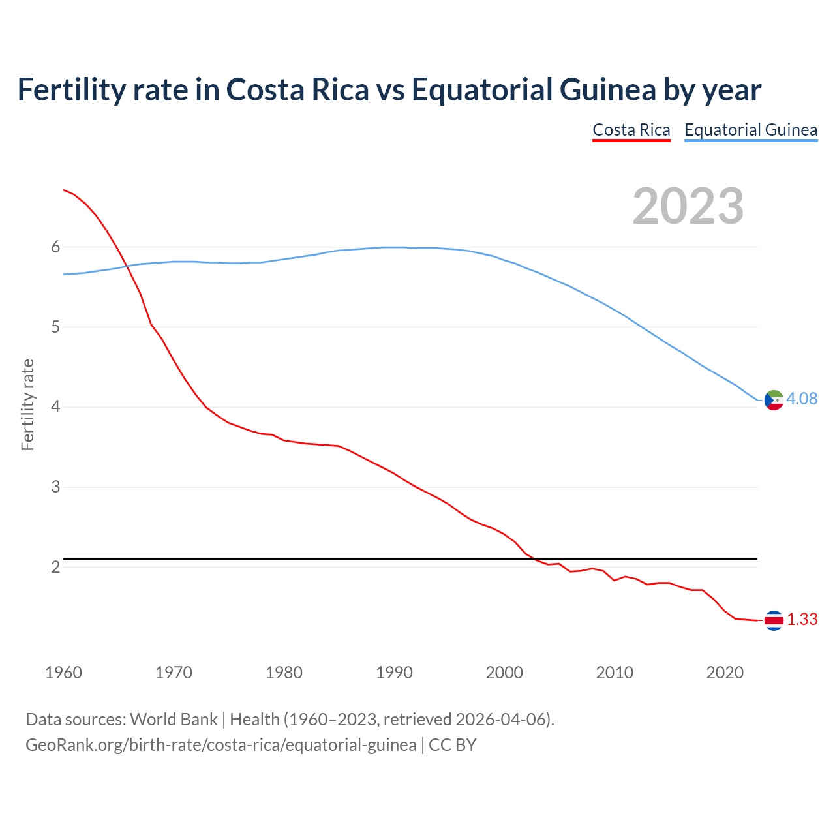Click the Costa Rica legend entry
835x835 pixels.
click(x=631, y=130)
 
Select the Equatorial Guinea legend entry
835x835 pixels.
click(x=750, y=130)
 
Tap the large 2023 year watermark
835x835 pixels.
click(x=688, y=206)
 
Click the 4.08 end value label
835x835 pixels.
click(x=802, y=399)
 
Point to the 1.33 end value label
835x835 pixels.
click(x=802, y=619)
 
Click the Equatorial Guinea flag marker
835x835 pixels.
click(x=774, y=399)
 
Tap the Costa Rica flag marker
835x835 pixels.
click(x=774, y=620)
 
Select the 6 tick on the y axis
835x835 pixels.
click(x=55, y=247)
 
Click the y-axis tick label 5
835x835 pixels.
click(x=55, y=327)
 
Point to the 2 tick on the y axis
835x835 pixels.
click(x=55, y=567)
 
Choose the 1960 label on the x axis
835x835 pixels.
click(x=63, y=673)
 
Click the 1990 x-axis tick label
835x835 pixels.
click(x=394, y=673)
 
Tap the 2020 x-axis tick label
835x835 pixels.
click(x=725, y=673)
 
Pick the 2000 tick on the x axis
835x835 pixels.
click(x=504, y=673)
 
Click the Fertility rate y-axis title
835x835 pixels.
click(x=27, y=404)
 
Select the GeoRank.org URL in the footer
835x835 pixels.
click(x=220, y=744)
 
